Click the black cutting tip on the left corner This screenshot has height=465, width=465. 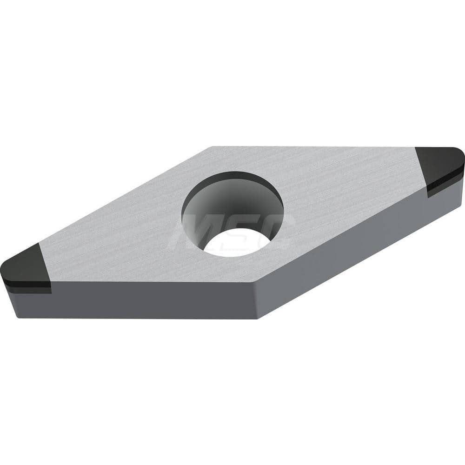tap(26, 265)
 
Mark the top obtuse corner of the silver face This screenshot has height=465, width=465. tap(212, 147)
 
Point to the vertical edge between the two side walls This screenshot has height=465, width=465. tap(255, 300)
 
